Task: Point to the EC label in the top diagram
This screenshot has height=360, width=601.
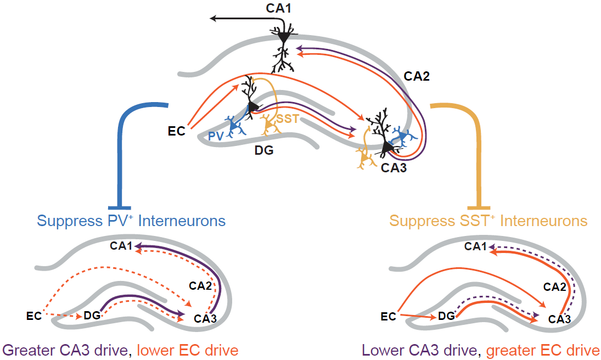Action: pos(177,131)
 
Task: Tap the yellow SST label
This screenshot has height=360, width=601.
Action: pos(288,119)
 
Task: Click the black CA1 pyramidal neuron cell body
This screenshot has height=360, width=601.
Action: pos(284,37)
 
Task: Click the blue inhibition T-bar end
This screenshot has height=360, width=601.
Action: pos(119,207)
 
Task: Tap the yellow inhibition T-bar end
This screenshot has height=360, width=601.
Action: pos(481,207)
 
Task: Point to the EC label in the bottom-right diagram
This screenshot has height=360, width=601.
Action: pos(389,317)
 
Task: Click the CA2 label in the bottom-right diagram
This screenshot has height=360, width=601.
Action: pos(555,286)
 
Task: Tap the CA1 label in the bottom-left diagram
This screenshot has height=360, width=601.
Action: pos(121,246)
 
